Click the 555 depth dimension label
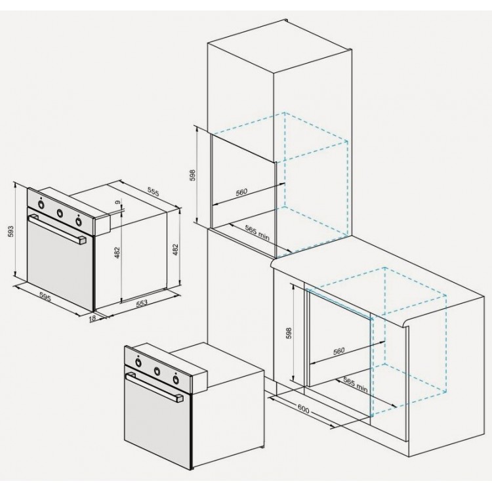(x=154, y=192)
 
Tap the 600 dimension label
(x=303, y=409)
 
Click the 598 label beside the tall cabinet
(x=191, y=176)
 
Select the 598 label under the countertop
(x=287, y=333)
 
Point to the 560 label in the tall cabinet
(x=241, y=192)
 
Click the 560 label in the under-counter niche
(x=338, y=351)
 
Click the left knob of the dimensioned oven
(x=41, y=204)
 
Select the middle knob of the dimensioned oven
(x=60, y=213)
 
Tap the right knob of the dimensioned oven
(x=79, y=221)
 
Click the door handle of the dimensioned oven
(x=58, y=230)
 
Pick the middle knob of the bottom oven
(x=157, y=371)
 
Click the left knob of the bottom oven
(x=138, y=362)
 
